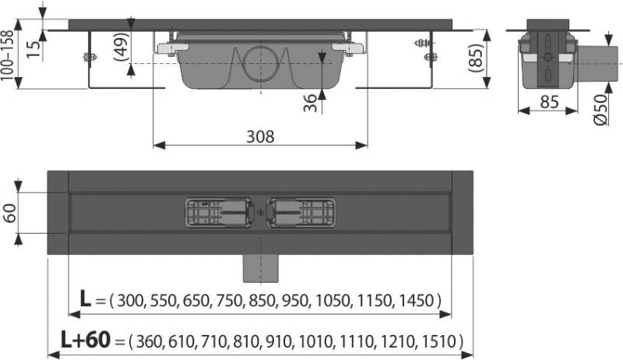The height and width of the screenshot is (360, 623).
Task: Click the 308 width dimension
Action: (260, 136)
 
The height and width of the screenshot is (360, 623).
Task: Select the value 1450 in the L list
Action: (421, 301)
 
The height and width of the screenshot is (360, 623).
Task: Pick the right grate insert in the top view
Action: (301, 213)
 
